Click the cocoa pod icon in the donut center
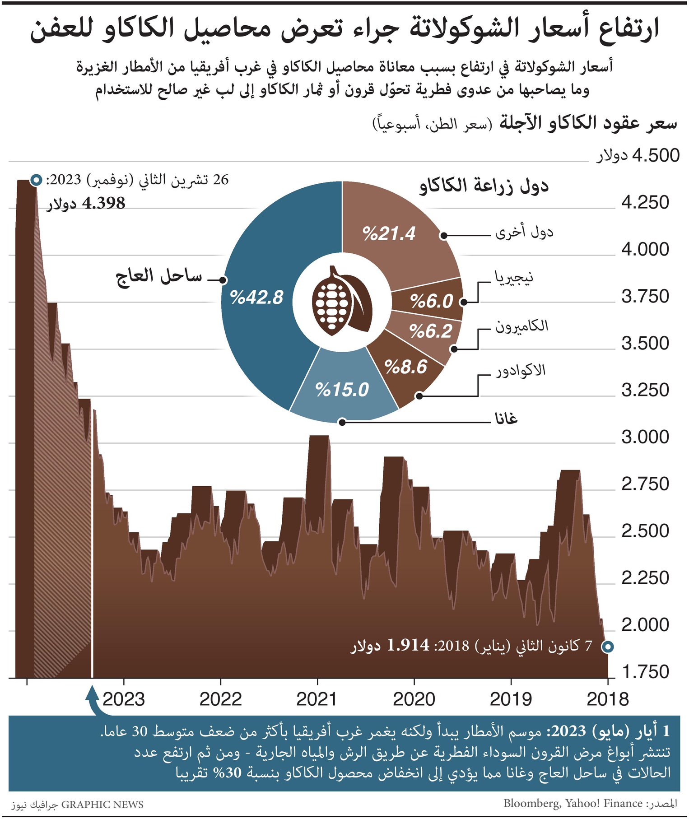point(342,300)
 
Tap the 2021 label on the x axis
point(317,699)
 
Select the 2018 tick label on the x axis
point(607,699)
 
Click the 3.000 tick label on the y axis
point(645,437)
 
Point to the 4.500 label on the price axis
point(656,155)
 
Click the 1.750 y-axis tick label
point(645,672)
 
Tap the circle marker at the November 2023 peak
point(36,181)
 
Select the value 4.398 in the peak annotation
point(103,203)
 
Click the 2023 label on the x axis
point(124,699)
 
